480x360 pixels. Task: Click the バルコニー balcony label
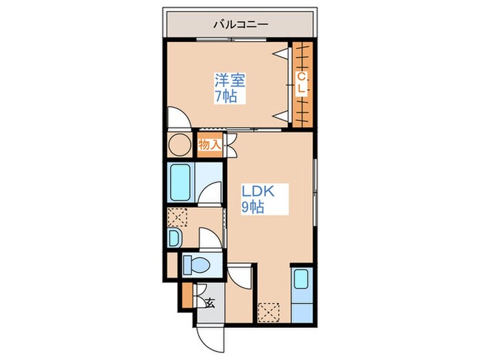click(x=239, y=24)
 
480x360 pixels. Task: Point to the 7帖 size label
click(x=226, y=97)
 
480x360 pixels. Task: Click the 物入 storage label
click(x=210, y=145)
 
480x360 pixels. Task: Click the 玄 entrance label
click(x=210, y=304)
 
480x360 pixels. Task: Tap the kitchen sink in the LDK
click(x=302, y=280)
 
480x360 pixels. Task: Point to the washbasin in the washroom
click(x=173, y=237)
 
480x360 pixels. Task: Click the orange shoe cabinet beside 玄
click(x=187, y=296)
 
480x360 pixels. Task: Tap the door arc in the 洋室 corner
click(x=180, y=119)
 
